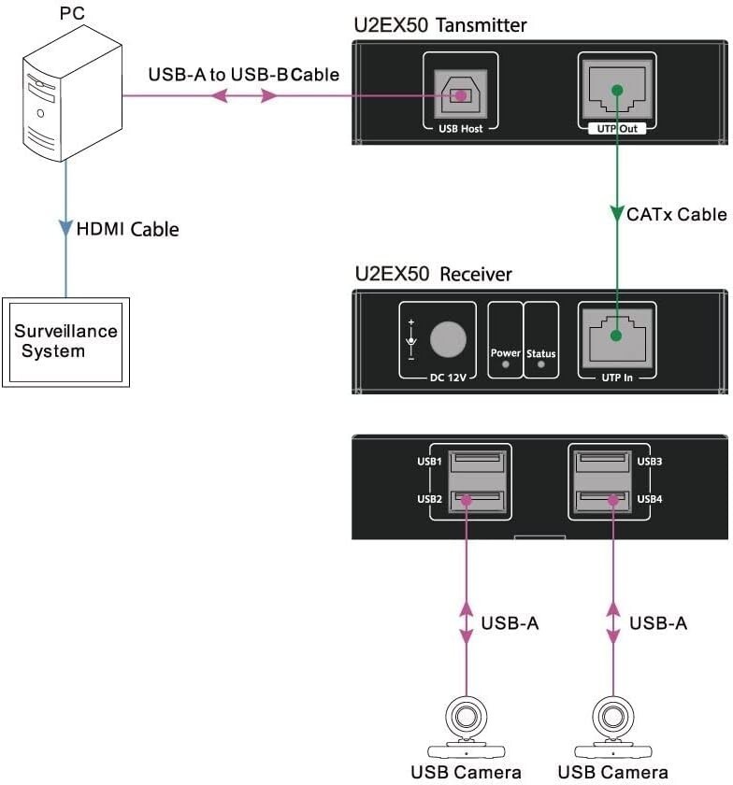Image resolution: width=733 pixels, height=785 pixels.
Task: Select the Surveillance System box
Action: (65, 342)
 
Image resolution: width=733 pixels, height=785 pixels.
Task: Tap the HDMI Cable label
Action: (127, 229)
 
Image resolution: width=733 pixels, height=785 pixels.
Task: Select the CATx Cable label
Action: (676, 215)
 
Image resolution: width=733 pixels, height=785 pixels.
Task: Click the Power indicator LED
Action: (506, 365)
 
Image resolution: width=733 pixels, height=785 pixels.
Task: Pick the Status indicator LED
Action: (540, 365)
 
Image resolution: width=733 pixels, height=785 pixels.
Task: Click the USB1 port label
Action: (430, 462)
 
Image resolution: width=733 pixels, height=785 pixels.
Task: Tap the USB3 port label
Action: (650, 462)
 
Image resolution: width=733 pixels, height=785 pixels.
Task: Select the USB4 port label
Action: (650, 500)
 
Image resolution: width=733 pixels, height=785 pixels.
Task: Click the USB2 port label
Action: (430, 500)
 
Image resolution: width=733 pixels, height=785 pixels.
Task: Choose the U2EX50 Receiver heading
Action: (434, 274)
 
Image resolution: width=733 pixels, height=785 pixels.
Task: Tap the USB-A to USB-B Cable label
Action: (243, 74)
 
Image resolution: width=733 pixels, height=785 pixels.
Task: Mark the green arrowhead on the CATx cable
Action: (616, 214)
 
